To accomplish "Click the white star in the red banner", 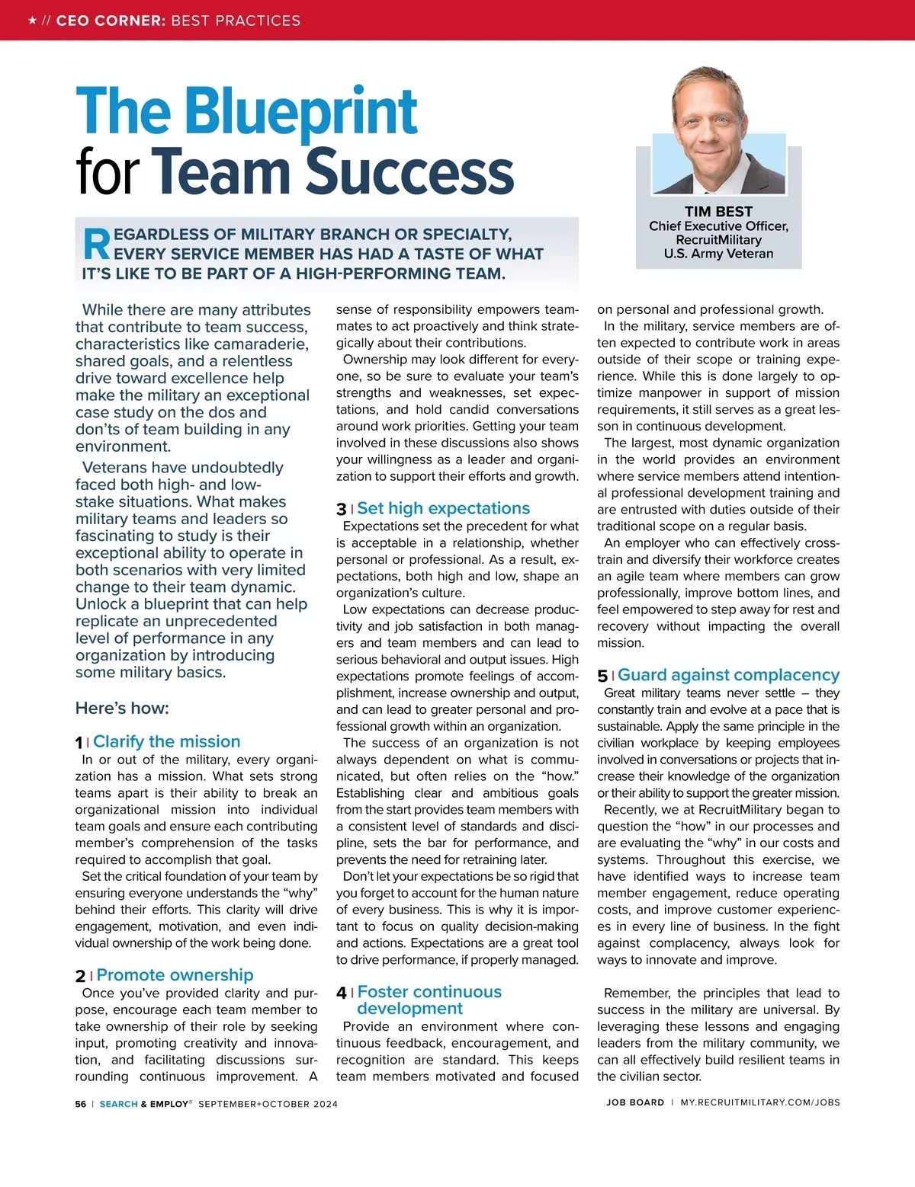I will click(32, 21).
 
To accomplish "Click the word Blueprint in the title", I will click(300, 111).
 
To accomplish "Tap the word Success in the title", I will click(409, 171).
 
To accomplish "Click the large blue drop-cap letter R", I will click(96, 245).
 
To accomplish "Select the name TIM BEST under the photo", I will click(718, 212).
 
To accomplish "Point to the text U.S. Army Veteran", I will click(718, 254).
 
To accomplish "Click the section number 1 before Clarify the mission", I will click(79, 743).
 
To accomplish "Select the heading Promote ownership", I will click(175, 975).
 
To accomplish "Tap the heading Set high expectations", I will click(443, 508).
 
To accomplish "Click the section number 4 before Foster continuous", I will click(341, 993).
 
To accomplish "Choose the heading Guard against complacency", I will click(728, 675).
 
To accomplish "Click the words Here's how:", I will click(122, 709).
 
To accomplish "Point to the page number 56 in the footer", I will click(81, 1104).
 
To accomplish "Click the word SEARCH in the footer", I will click(118, 1104).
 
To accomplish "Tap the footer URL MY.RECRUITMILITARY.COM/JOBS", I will click(760, 1102).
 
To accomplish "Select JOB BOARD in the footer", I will click(635, 1102).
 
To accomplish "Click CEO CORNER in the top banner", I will click(111, 21).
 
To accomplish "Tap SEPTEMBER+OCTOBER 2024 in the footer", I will click(268, 1104).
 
